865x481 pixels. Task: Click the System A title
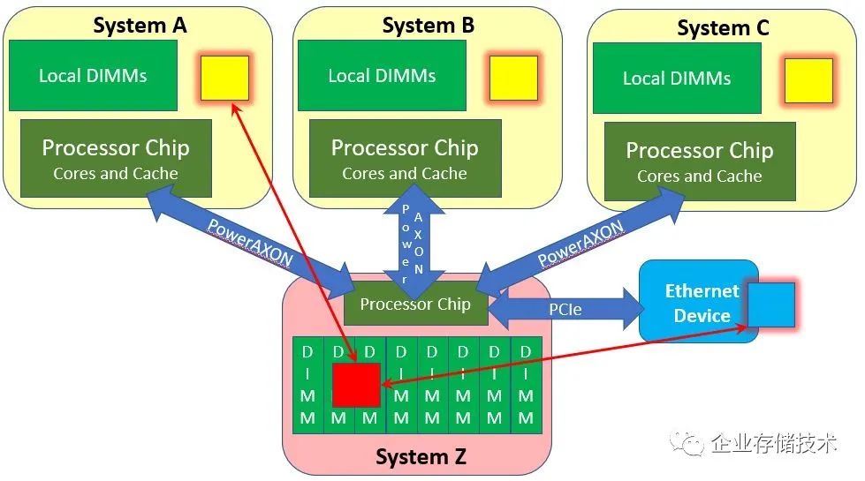pyautogui.click(x=140, y=25)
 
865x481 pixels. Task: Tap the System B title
pyautogui.click(x=428, y=25)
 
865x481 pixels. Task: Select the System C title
pyautogui.click(x=722, y=27)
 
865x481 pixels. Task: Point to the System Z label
pyautogui.click(x=420, y=456)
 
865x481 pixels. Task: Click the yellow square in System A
pyautogui.click(x=224, y=78)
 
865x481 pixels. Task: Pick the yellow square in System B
pyautogui.click(x=512, y=78)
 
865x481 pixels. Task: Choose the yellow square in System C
pyautogui.click(x=808, y=81)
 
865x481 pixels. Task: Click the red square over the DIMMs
pyautogui.click(x=356, y=386)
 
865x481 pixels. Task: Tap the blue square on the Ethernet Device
pyautogui.click(x=770, y=305)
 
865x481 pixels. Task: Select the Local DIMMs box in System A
pyautogui.click(x=92, y=75)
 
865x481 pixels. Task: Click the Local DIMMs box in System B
pyautogui.click(x=382, y=75)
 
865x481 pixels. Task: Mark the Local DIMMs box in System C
pyautogui.click(x=677, y=79)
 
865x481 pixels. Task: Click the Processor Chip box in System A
pyautogui.click(x=116, y=158)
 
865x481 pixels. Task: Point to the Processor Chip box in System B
pyautogui.click(x=405, y=158)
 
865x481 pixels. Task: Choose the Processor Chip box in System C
pyautogui.click(x=700, y=161)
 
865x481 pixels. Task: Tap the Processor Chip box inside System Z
pyautogui.click(x=415, y=305)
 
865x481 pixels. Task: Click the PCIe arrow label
pyautogui.click(x=565, y=310)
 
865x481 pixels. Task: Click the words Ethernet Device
pyautogui.click(x=702, y=303)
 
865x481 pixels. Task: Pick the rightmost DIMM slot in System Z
pyautogui.click(x=526, y=386)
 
